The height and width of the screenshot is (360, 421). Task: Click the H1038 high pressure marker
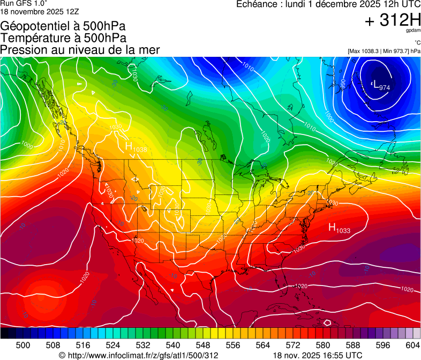pyautogui.click(x=136, y=147)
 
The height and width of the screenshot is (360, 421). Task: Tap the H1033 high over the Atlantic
pyautogui.click(x=339, y=228)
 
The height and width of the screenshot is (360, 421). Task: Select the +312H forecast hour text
pyautogui.click(x=393, y=21)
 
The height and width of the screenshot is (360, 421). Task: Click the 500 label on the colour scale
pyautogui.click(x=23, y=344)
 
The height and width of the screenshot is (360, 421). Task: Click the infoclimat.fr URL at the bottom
pyautogui.click(x=139, y=355)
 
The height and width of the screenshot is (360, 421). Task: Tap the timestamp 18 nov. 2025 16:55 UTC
pyautogui.click(x=318, y=355)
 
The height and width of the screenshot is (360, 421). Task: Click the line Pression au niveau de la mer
pyautogui.click(x=80, y=49)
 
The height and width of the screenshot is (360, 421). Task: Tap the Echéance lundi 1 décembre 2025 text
pyautogui.click(x=328, y=4)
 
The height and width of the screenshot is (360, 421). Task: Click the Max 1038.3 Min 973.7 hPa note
pyautogui.click(x=384, y=51)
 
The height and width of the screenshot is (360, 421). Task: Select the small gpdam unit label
pyautogui.click(x=413, y=31)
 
